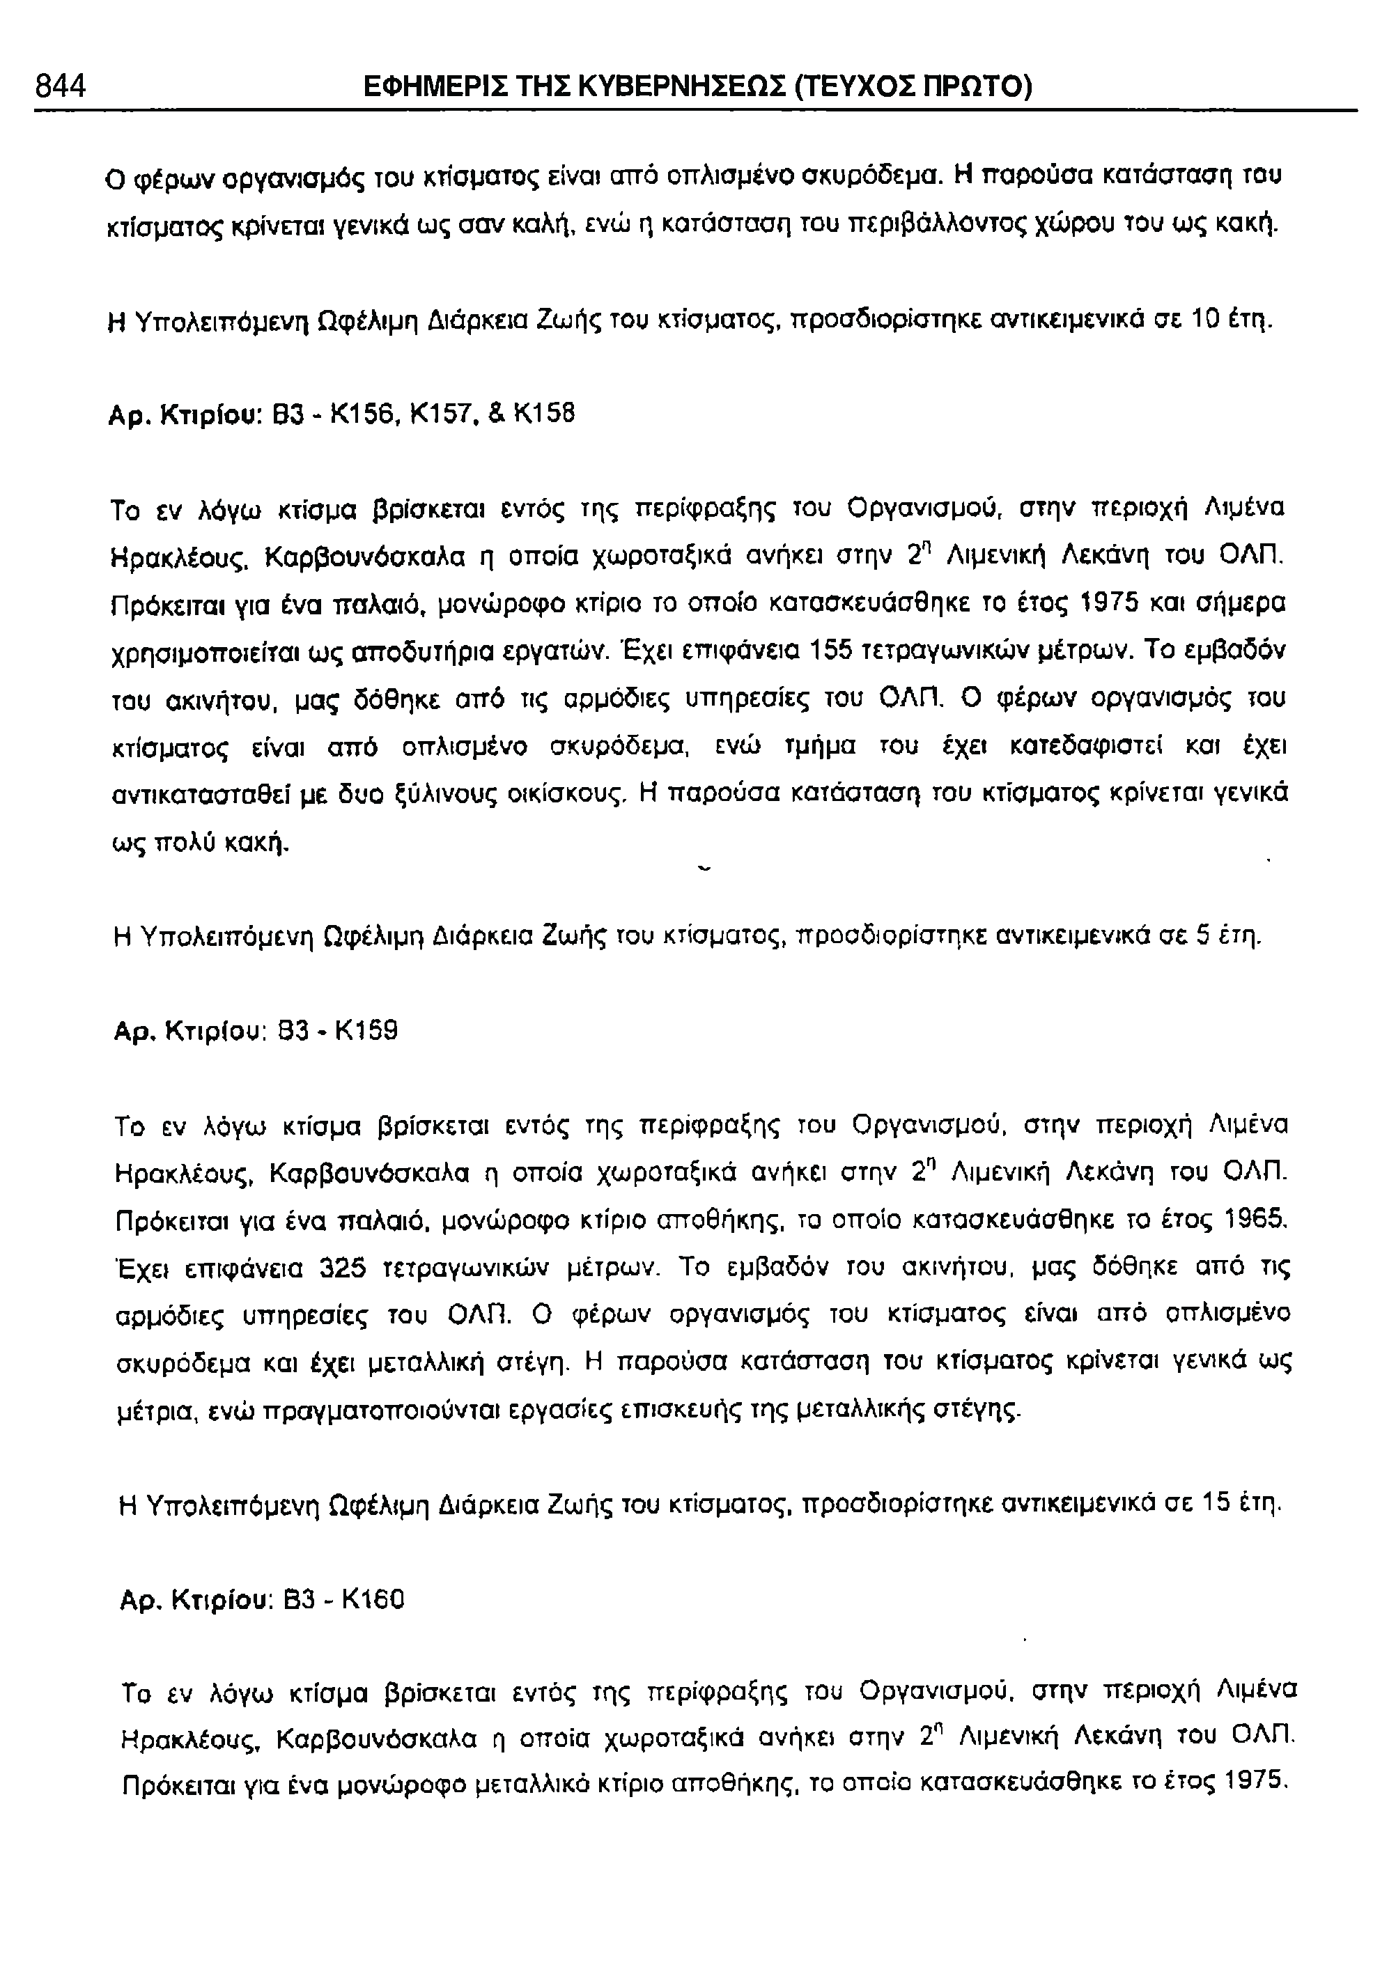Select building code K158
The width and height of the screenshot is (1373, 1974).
(x=543, y=414)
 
